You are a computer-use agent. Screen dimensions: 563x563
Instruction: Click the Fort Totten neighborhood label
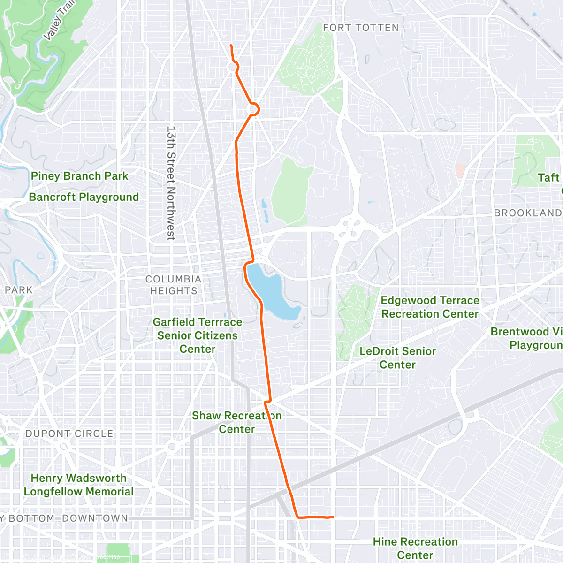coord(360,28)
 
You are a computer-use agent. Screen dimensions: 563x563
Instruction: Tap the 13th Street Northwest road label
coord(171,183)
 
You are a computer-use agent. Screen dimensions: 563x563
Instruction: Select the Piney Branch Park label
coord(79,176)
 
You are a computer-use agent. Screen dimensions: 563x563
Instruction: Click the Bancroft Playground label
coord(84,197)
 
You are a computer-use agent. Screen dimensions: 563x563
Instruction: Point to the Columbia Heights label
coord(174,285)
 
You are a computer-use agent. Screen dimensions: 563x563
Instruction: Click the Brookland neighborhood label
coord(527,213)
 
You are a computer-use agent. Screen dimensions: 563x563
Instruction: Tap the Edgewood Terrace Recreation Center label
coord(430,307)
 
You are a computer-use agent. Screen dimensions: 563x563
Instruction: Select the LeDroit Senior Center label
coord(397,358)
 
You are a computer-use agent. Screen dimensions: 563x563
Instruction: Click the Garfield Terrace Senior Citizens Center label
coord(198,335)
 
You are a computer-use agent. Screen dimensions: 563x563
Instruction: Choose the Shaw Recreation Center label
coord(236,422)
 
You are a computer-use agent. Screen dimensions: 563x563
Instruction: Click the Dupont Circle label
coord(69,434)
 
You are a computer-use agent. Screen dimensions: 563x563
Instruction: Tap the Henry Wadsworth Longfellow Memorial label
coord(79,485)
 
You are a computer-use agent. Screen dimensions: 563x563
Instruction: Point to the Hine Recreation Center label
coord(415,548)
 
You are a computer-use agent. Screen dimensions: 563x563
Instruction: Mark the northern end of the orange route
coord(231,46)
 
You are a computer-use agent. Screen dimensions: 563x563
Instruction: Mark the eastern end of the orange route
coord(333,517)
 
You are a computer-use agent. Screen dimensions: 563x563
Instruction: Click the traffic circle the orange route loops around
coord(253,109)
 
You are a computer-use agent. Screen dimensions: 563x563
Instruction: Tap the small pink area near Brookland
coord(461,170)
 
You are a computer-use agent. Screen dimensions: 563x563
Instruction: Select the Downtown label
coord(95,518)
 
